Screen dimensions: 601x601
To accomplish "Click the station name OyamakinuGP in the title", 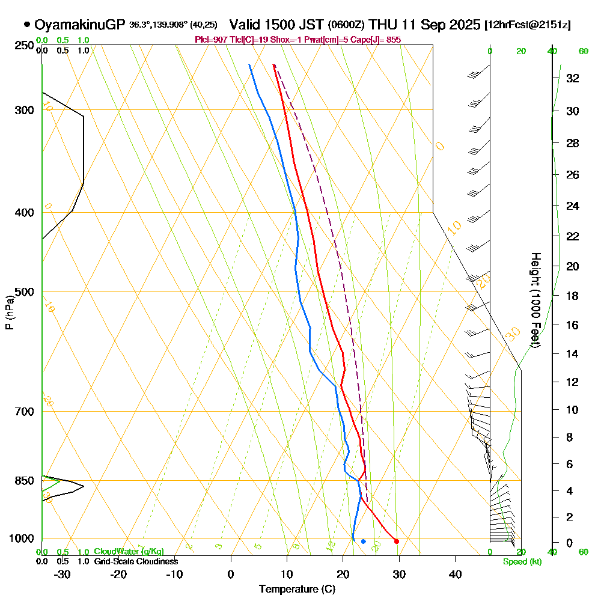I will [80, 25].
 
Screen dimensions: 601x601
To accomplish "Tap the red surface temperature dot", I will [396, 542].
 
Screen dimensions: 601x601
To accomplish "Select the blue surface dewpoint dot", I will [363, 542].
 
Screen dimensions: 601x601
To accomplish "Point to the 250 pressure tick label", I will [25, 46].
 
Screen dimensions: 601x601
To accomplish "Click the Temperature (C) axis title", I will [297, 589].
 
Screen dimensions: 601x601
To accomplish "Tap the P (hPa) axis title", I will [9, 313].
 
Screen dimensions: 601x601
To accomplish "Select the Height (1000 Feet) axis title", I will [535, 299].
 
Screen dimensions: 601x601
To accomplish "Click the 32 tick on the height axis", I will [573, 78].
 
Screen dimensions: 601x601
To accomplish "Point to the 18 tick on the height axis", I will [573, 296].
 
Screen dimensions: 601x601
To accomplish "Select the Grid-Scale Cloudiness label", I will [135, 561].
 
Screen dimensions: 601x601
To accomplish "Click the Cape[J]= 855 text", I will [378, 39].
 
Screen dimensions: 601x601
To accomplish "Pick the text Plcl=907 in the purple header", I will [209, 39].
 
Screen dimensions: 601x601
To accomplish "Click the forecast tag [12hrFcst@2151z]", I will [527, 25].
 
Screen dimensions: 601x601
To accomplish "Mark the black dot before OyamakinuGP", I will [27, 25].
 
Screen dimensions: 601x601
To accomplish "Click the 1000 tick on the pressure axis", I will [22, 538].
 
